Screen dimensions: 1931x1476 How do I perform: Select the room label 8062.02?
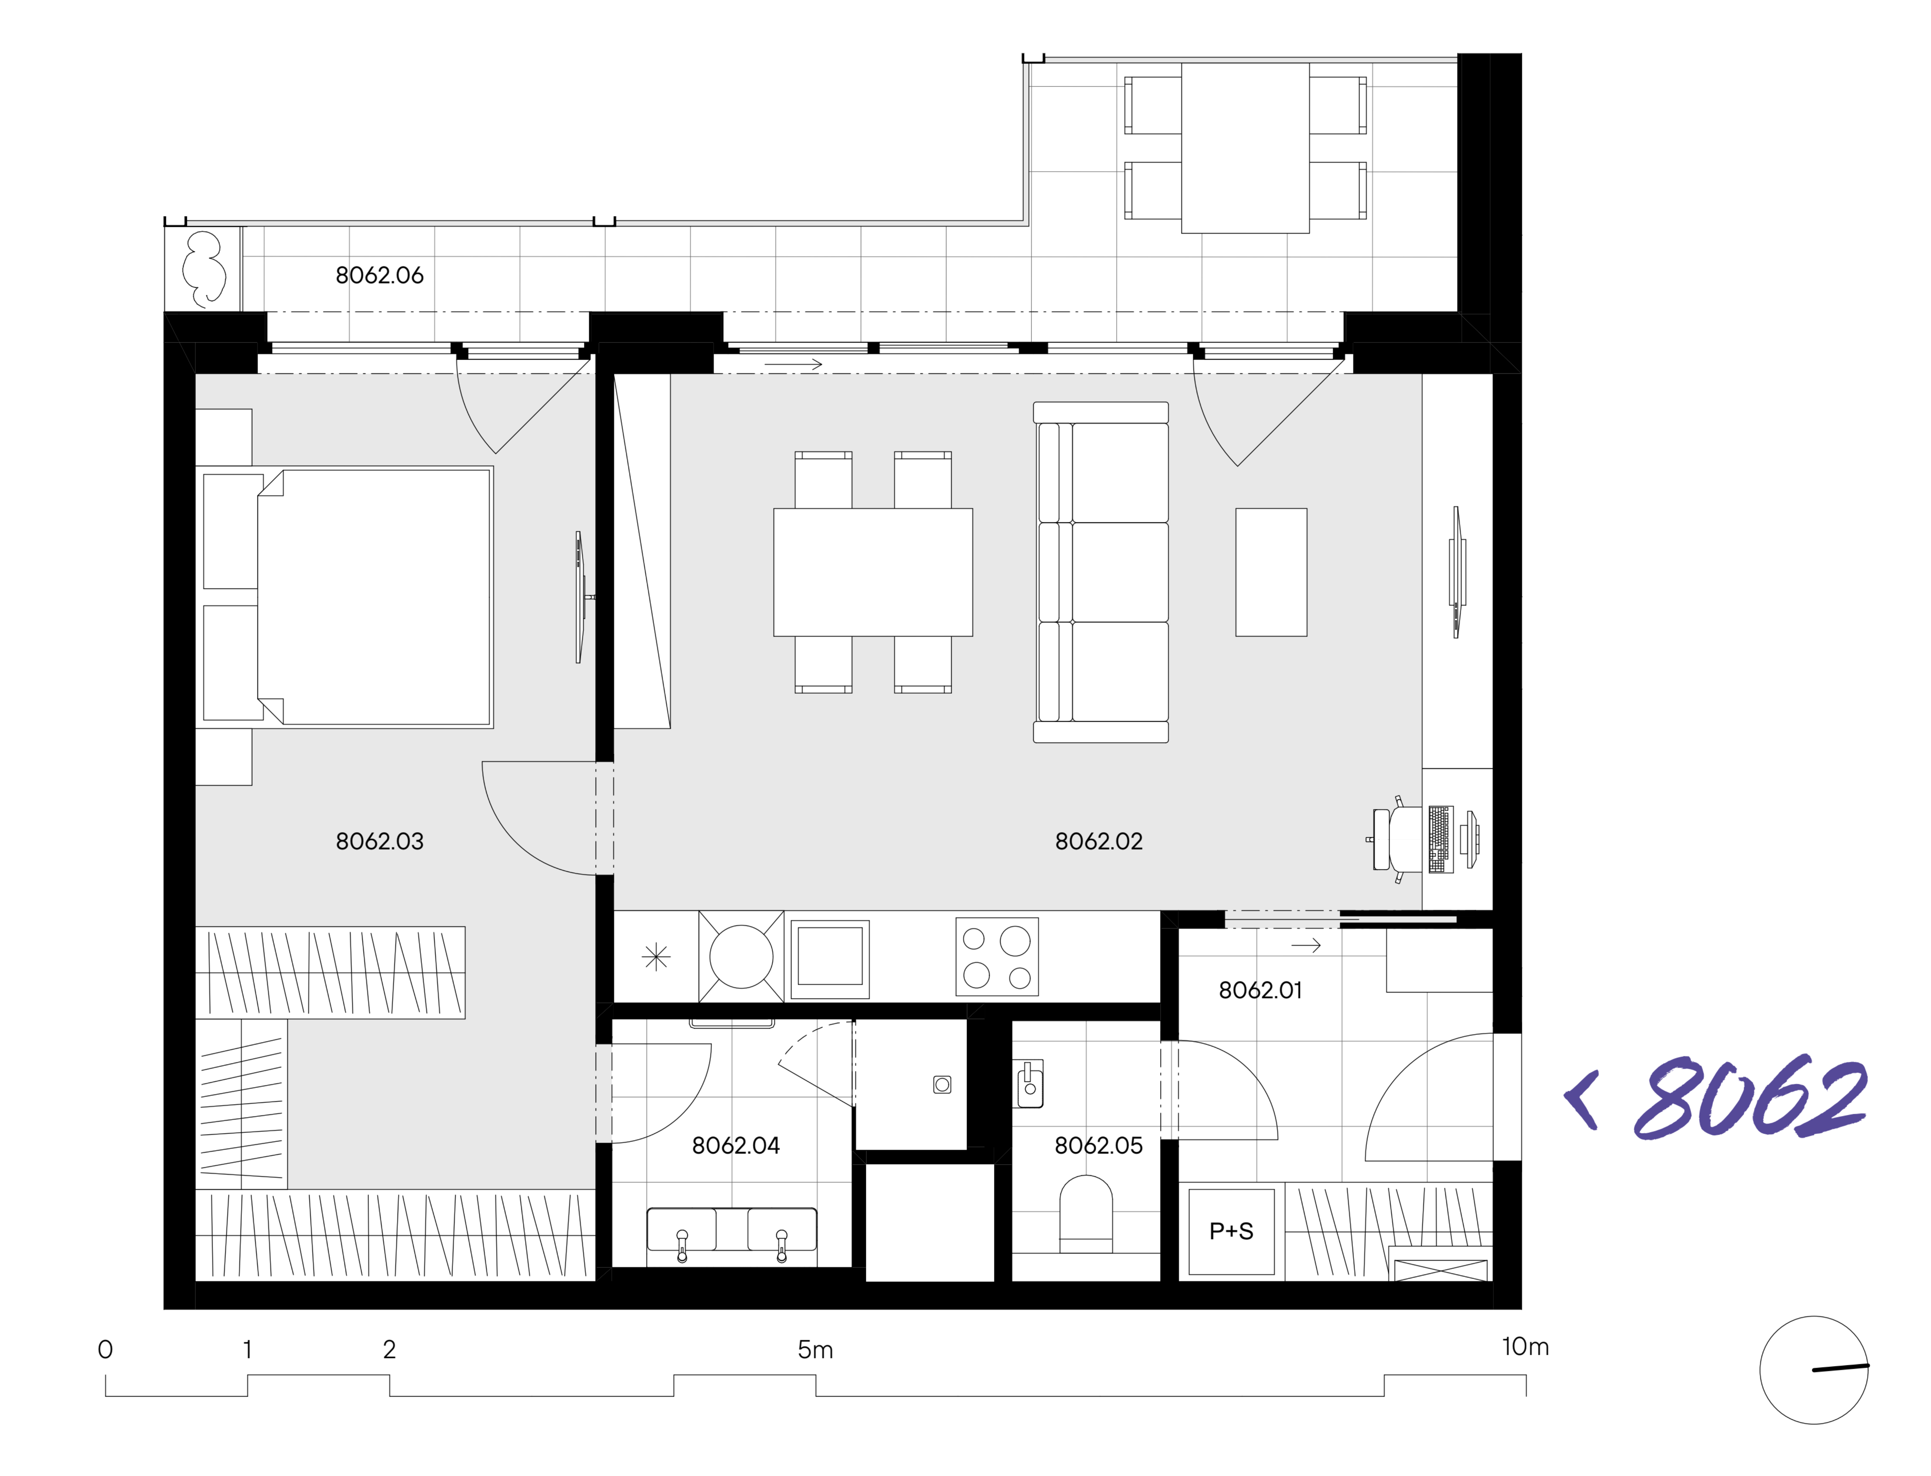[x=1099, y=842]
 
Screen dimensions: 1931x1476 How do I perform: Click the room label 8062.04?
[x=736, y=1146]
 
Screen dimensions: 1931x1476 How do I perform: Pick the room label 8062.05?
[x=1099, y=1146]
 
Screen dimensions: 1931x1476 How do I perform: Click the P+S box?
[x=1232, y=1232]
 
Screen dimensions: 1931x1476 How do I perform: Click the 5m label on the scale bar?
[x=815, y=1349]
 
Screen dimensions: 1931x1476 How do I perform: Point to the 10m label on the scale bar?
[x=1525, y=1347]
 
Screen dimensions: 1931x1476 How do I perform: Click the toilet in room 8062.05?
[x=1086, y=1215]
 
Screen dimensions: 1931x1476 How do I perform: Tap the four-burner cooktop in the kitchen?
[x=997, y=957]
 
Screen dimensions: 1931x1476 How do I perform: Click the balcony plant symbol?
[x=204, y=269]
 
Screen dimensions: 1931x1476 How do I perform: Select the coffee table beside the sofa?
[x=1271, y=572]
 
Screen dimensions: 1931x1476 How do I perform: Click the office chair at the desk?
[x=1398, y=839]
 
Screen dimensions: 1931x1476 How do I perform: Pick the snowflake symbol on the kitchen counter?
[x=656, y=957]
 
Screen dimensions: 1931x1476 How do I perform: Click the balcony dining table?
[x=1246, y=148]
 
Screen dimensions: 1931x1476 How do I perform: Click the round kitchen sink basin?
[x=741, y=957]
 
